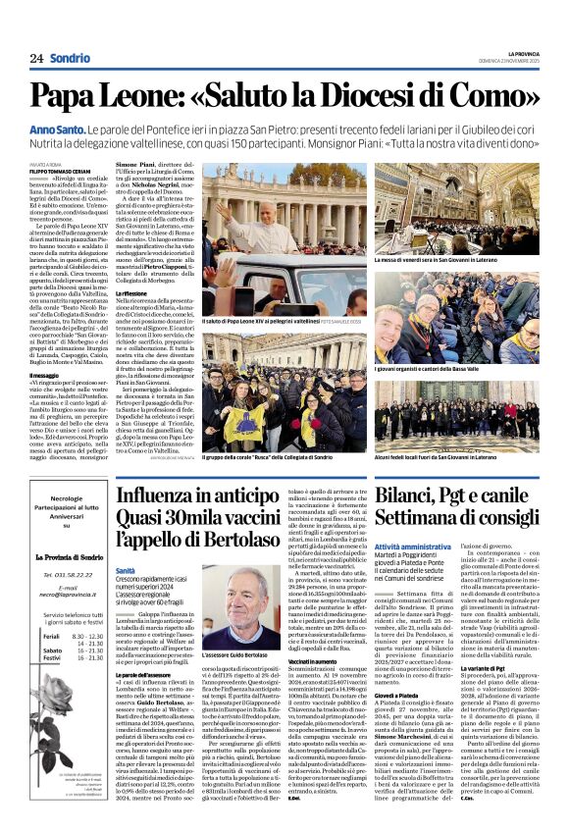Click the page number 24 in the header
(x=36, y=58)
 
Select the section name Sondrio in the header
(x=70, y=58)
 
